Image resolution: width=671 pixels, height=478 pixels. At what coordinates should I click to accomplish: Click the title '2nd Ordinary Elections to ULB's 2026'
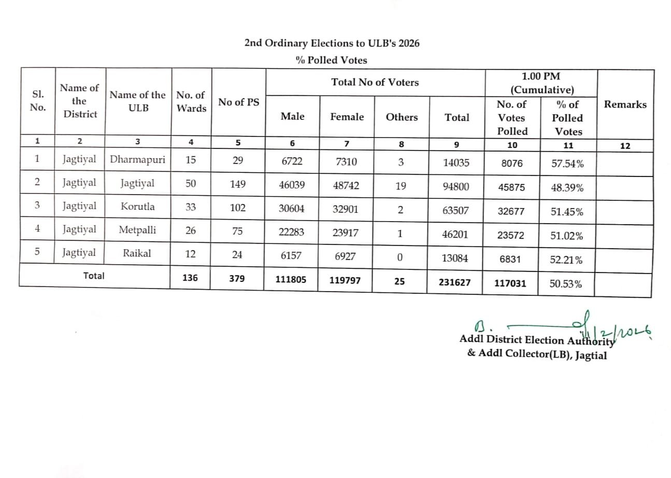point(332,43)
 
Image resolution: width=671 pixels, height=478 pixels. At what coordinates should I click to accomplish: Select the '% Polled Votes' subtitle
point(331,60)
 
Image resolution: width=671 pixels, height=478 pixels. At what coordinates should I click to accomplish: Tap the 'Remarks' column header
point(625,104)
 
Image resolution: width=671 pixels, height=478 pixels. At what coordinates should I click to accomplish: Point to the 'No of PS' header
point(238,102)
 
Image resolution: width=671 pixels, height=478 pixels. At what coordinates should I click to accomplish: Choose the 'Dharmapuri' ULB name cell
point(137,160)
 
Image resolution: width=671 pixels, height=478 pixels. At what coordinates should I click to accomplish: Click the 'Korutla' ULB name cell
point(137,206)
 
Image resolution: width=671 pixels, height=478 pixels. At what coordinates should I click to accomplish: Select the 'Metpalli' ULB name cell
point(137,229)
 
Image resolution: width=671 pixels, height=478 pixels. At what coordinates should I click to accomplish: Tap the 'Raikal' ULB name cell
point(137,253)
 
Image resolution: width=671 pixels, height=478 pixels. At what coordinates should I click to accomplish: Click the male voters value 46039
point(292,184)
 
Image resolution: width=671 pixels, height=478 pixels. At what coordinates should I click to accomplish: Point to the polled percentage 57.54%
point(567,165)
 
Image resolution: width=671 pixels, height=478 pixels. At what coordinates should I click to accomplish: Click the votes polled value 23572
point(510,235)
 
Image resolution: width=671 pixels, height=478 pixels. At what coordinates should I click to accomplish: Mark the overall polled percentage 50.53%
point(565,284)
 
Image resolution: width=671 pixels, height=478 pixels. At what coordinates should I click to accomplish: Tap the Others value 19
point(401,185)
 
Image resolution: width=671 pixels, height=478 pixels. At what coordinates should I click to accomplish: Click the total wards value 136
point(190,278)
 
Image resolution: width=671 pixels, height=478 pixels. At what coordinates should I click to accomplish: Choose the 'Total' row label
point(94,276)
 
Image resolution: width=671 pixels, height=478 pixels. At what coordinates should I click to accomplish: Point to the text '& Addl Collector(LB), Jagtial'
point(537,355)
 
